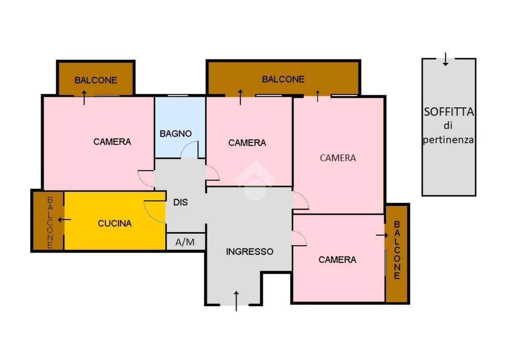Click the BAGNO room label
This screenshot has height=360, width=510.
pos(175,134)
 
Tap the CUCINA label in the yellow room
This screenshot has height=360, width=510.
pos(115,223)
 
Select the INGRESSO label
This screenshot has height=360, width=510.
pos(249,251)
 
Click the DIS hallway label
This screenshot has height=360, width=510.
pos(180,202)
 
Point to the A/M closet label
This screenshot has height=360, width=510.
pos(185,242)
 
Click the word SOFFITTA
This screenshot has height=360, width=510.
pos(449,111)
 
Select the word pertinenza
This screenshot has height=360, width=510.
pos(448,140)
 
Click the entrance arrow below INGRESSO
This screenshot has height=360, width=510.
pos(236,301)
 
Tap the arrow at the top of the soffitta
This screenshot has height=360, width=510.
pos(445,59)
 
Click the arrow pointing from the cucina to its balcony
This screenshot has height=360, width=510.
pos(65,220)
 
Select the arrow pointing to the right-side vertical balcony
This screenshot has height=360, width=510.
pos(382,235)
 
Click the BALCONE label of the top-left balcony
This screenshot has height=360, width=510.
pos(95,80)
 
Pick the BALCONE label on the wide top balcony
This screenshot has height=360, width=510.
pos(283,79)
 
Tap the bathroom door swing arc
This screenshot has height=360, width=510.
pos(186,146)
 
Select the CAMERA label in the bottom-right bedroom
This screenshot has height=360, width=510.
pos(337,260)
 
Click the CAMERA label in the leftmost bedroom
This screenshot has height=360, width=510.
pos(112,142)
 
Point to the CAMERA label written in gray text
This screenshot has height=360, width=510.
pos(338,158)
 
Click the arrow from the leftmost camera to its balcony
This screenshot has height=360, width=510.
pos(84,98)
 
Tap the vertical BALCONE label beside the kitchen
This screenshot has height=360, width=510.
pos(50,222)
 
